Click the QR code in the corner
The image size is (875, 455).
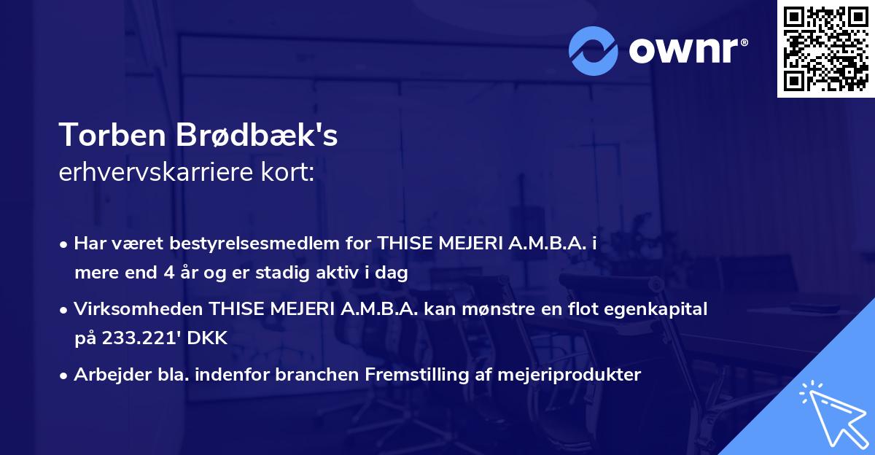coord(825,48)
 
